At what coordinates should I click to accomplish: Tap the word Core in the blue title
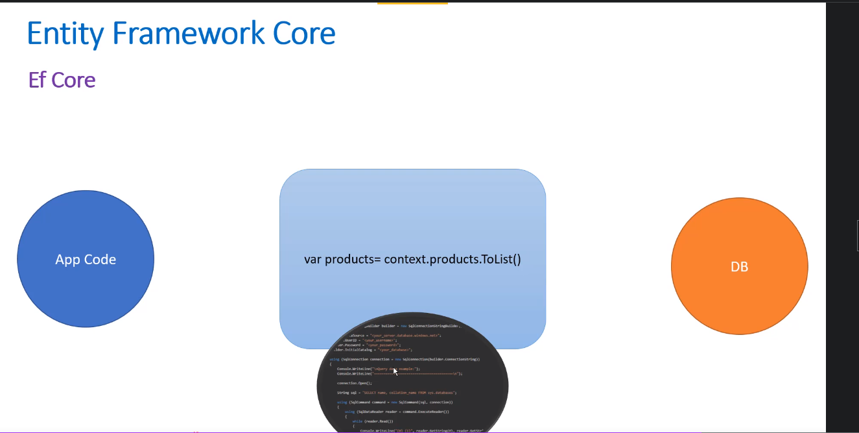coord(303,33)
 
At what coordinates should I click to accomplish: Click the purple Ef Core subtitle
coord(62,80)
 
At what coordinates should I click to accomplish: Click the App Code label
coord(86,260)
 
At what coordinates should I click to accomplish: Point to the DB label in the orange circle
coord(739,267)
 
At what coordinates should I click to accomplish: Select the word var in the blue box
coord(312,260)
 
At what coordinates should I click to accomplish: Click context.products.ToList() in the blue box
coord(453,260)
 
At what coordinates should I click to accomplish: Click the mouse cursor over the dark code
coord(395,371)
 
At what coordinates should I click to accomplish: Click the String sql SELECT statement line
coord(396,393)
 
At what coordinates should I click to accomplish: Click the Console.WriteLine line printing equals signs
coord(399,374)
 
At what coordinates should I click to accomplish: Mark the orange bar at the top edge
coord(412,3)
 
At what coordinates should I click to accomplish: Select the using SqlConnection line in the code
coord(405,359)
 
